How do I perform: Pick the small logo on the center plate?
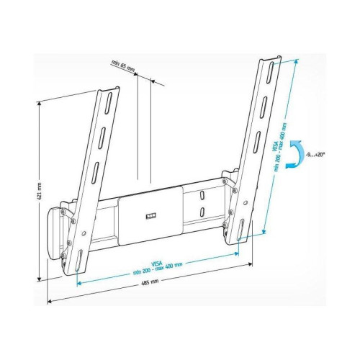[150, 215]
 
